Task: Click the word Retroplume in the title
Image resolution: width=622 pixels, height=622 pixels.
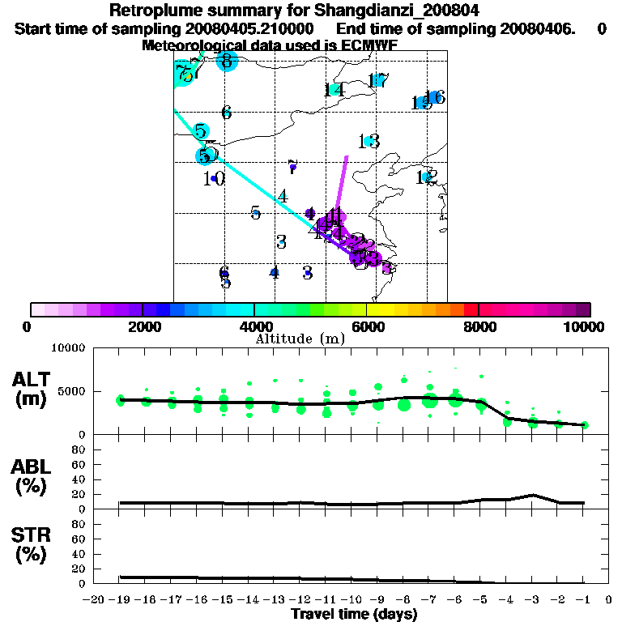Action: (x=159, y=11)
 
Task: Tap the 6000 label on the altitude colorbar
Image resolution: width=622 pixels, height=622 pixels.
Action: (x=366, y=326)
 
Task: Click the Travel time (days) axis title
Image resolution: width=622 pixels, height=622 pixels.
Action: (x=354, y=614)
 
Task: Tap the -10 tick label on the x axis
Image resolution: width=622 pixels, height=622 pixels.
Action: (x=351, y=599)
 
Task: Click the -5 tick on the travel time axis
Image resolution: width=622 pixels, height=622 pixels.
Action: (x=480, y=599)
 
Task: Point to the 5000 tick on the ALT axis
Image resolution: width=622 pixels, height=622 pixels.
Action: (x=72, y=391)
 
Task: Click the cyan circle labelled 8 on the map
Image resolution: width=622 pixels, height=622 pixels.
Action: (x=227, y=61)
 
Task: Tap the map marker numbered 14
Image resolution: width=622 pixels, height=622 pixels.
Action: (x=334, y=89)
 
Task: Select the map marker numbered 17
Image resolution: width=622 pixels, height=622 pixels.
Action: (x=377, y=79)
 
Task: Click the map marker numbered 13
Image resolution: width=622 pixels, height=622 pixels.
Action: (x=369, y=142)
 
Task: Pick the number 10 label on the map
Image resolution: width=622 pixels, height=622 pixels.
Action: (x=214, y=179)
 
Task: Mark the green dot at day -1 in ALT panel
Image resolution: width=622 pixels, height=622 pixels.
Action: (x=584, y=425)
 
